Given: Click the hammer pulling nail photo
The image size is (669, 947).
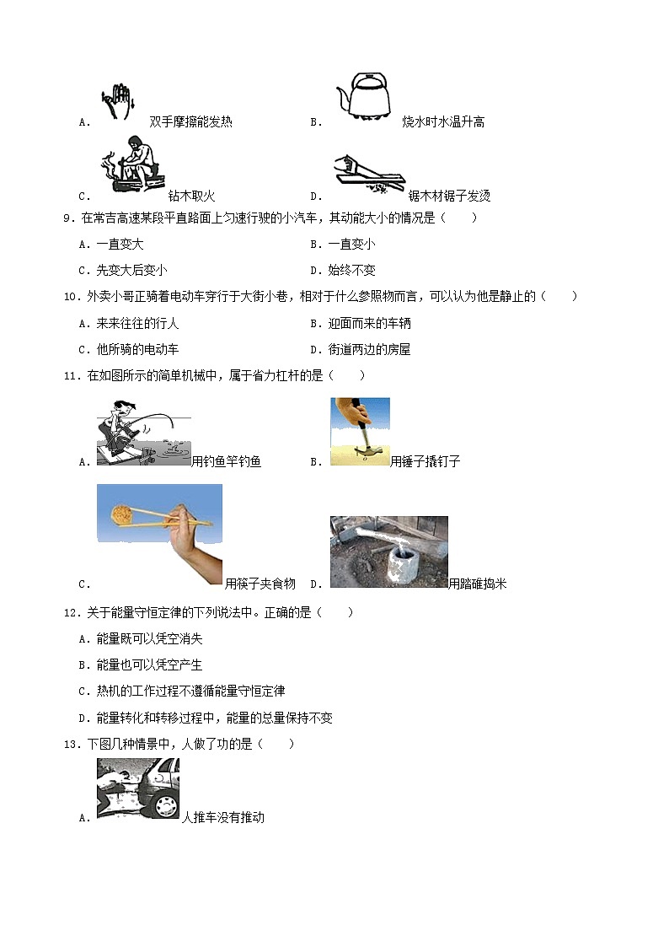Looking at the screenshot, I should [360, 432].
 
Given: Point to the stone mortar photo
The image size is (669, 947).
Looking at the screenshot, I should [388, 552].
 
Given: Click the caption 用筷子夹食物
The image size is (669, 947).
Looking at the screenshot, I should [260, 584].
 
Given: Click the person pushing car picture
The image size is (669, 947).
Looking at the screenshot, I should [137, 788].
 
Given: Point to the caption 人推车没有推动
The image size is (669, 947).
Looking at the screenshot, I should [223, 817].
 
